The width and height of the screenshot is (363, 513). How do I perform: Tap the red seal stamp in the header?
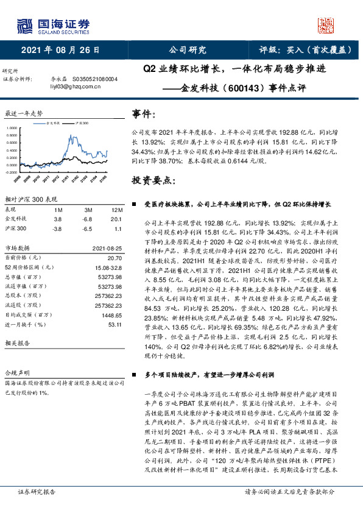click(327, 25)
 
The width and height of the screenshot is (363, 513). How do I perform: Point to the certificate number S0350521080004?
click(96, 79)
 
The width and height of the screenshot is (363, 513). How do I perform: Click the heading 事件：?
click(148, 113)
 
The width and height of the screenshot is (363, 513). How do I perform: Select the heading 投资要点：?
click(152, 181)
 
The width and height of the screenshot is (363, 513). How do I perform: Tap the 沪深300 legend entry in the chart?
click(81, 122)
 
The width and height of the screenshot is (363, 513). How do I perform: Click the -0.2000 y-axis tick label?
click(12, 172)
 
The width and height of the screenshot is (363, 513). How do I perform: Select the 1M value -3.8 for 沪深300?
click(57, 228)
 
